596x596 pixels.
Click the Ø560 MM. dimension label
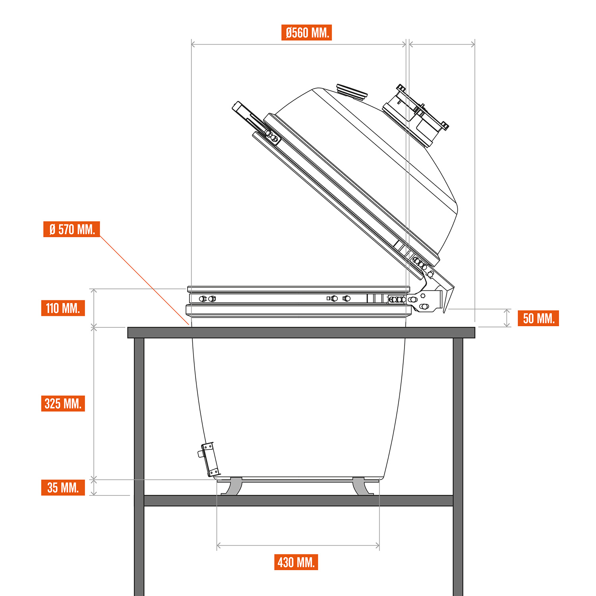306,33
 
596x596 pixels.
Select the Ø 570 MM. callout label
72,229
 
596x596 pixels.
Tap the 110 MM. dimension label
63,308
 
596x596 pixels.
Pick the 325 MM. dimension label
63,403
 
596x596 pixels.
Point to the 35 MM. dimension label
63,488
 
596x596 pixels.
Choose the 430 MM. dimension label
296,562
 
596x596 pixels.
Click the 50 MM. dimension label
538,318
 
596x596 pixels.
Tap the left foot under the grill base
232,486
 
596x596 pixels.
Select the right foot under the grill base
362,486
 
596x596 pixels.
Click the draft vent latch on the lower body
208,459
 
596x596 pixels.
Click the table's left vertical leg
139,467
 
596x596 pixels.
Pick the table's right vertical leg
458,467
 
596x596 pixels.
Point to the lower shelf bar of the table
298,501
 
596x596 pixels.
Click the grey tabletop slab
301,333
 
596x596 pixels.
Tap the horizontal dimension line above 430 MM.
298,546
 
